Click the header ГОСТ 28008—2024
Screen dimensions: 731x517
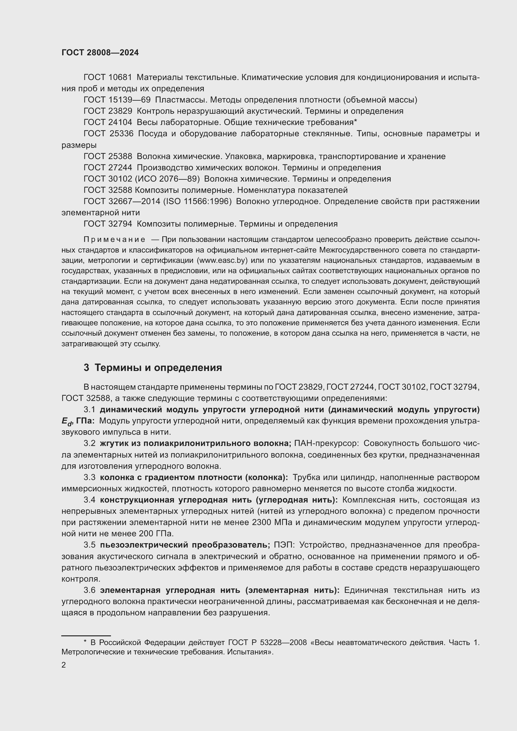coord(100,53)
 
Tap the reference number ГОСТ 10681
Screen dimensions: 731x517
coord(108,78)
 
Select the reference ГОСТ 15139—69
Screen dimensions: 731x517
coord(117,100)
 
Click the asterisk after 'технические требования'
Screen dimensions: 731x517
coord(356,122)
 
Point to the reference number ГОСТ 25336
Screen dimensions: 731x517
coord(108,134)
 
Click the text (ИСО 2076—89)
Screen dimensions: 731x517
coord(168,179)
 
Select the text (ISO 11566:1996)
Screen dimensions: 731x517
coord(197,202)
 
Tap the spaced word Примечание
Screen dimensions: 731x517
coord(114,239)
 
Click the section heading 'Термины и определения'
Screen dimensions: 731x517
coord(158,368)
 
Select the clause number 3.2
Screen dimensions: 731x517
coord(89,443)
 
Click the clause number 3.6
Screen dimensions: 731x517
coord(89,590)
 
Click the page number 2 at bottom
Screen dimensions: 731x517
coord(64,665)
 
